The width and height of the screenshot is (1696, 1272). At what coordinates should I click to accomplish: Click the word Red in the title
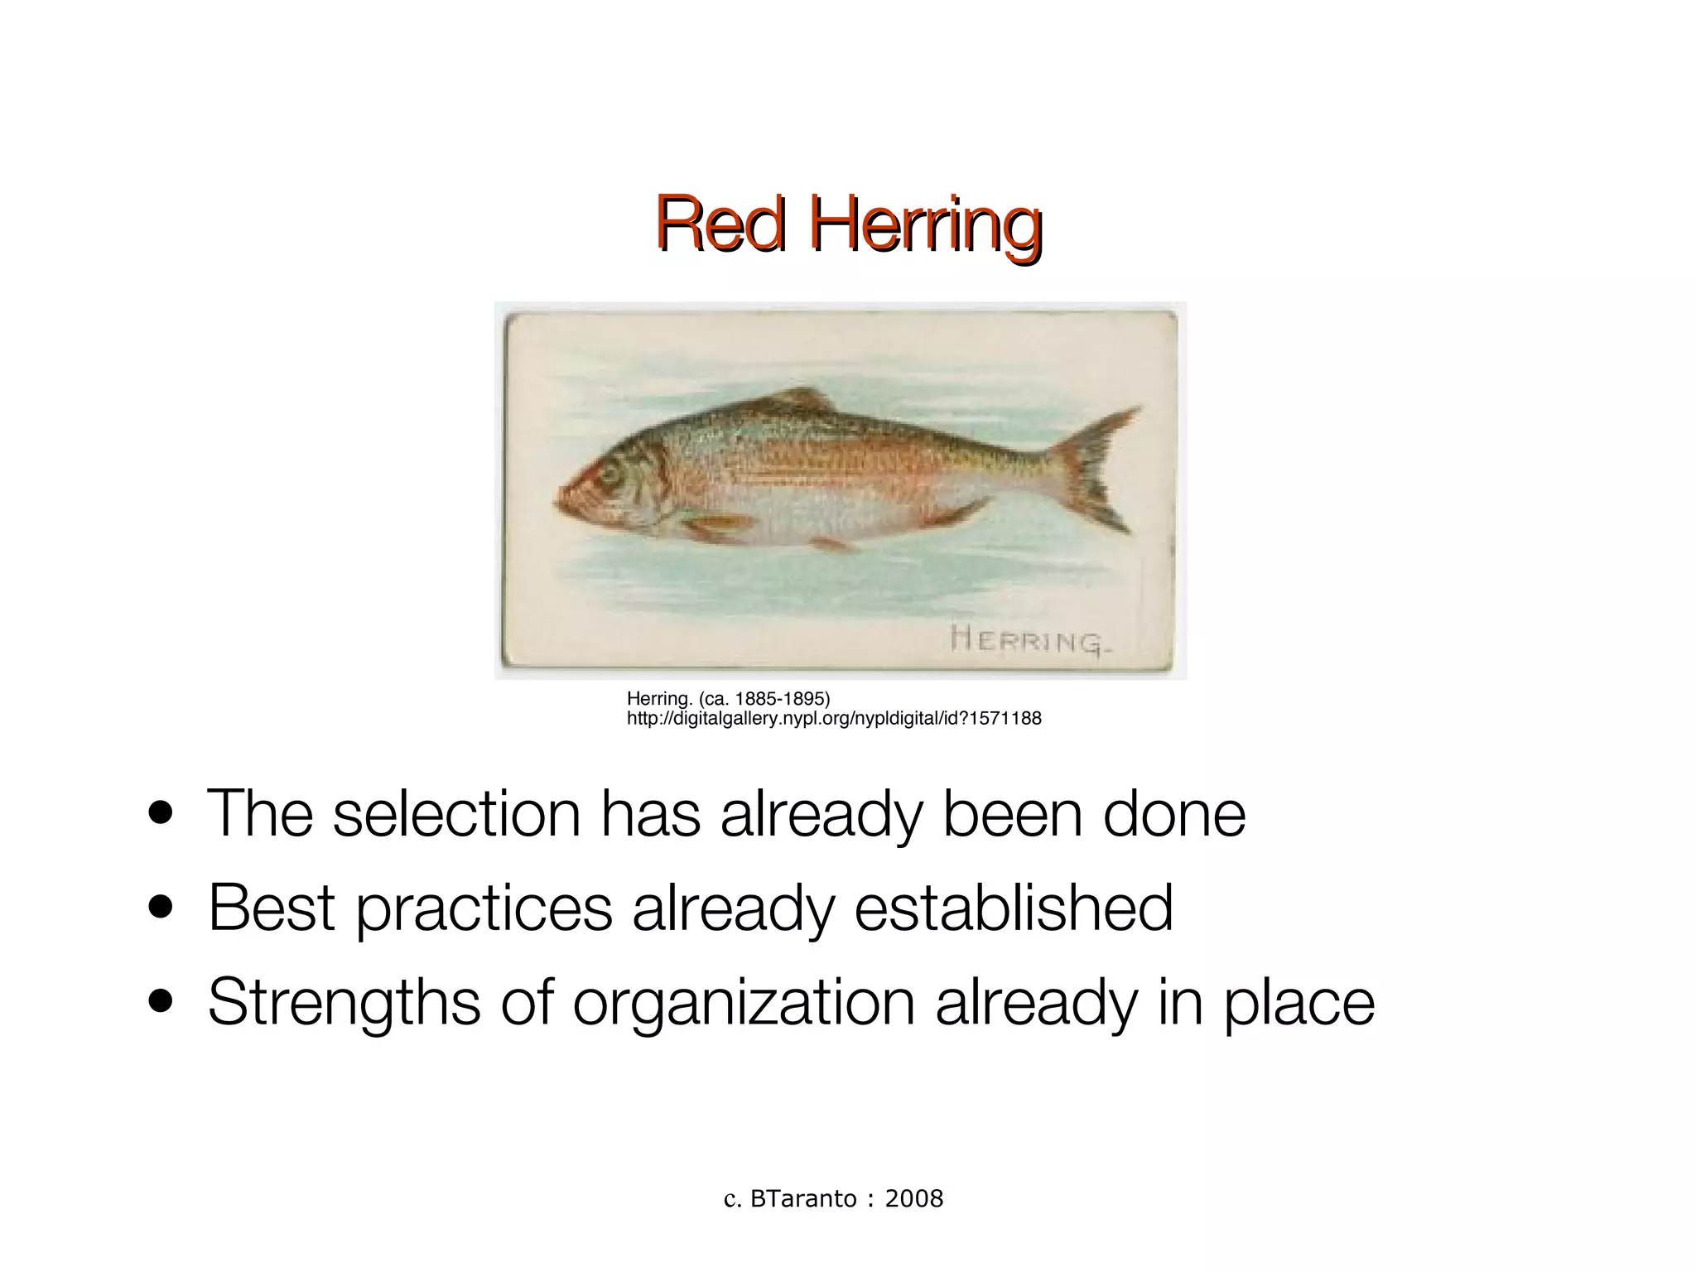[720, 224]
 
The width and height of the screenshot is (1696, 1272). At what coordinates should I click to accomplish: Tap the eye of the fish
[610, 475]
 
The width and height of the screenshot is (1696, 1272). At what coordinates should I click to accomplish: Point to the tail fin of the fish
[1097, 470]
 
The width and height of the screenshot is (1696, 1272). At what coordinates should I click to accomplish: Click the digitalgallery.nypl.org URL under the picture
[834, 719]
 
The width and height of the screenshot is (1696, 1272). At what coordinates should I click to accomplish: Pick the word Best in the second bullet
[272, 908]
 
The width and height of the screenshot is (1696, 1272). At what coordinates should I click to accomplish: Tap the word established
[1013, 908]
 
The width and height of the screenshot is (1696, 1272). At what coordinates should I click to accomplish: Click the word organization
[744, 1002]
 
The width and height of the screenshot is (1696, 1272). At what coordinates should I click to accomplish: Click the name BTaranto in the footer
[803, 1198]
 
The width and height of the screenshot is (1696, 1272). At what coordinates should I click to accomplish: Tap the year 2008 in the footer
[914, 1198]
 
